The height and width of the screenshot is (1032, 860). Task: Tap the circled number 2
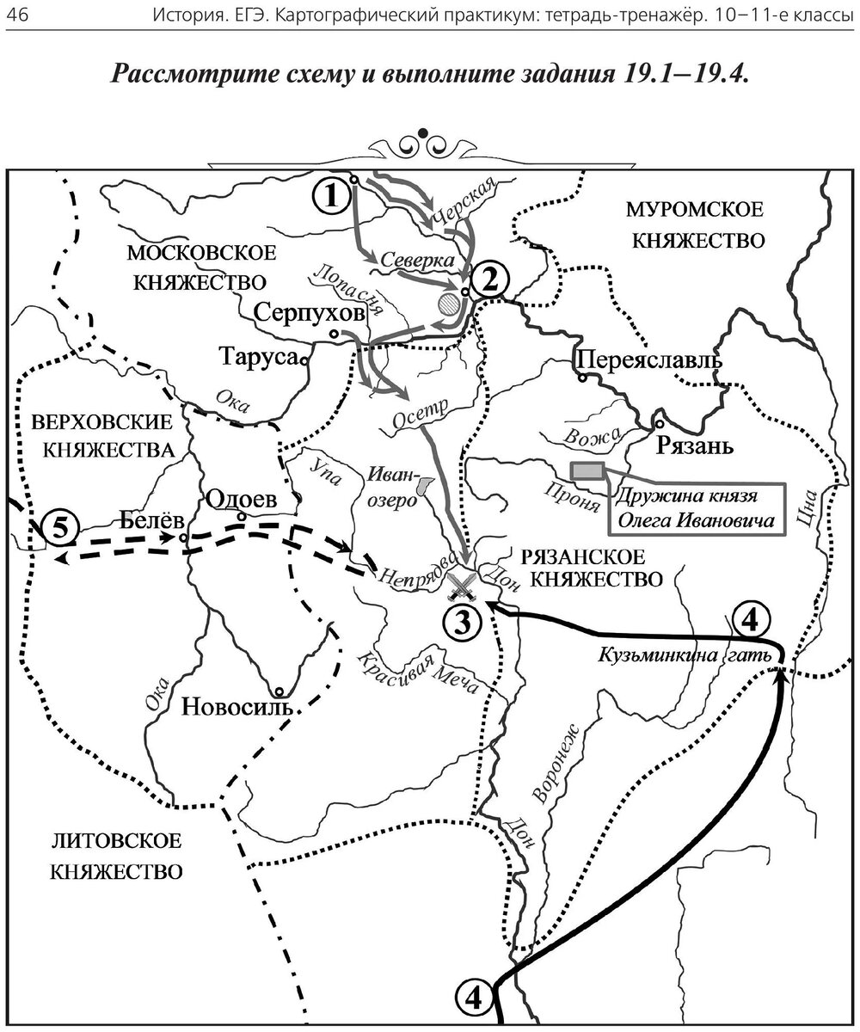point(489,278)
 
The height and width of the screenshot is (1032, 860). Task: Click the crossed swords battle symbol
point(464,586)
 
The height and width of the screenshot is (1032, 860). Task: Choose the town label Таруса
point(259,355)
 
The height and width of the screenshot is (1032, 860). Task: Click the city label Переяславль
point(645,359)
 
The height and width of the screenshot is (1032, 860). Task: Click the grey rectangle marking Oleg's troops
point(588,470)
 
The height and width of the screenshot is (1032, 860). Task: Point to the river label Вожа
point(588,437)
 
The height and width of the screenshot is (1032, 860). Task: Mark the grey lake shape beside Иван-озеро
point(422,487)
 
